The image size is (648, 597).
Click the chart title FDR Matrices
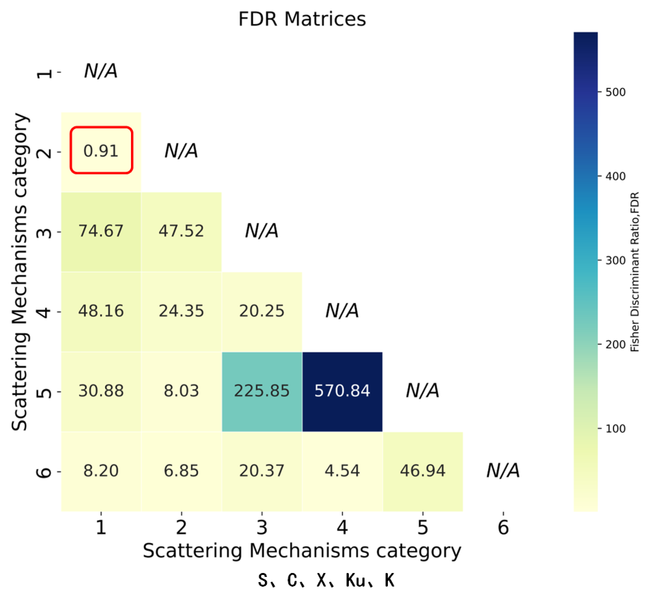pyautogui.click(x=302, y=19)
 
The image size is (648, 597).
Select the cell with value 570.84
pyautogui.click(x=342, y=391)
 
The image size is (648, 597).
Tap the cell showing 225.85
pyautogui.click(x=262, y=391)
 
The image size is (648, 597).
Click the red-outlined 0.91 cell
pyautogui.click(x=101, y=150)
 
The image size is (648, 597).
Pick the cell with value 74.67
pyautogui.click(x=101, y=231)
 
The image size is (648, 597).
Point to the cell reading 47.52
pyautogui.click(x=181, y=231)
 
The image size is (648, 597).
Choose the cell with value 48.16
pyautogui.click(x=101, y=311)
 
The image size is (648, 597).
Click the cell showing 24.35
pyautogui.click(x=181, y=311)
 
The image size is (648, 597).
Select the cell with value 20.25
pyautogui.click(x=262, y=311)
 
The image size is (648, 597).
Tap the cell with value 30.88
pyautogui.click(x=101, y=391)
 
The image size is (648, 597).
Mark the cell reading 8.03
pyautogui.click(x=181, y=391)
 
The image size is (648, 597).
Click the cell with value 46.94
pyautogui.click(x=423, y=471)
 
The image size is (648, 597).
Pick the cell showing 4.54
pyautogui.click(x=342, y=471)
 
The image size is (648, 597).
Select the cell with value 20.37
pyautogui.click(x=262, y=471)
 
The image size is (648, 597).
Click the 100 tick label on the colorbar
pyautogui.click(x=615, y=429)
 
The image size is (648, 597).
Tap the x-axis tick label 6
pyautogui.click(x=503, y=527)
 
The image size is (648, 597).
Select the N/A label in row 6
pyautogui.click(x=503, y=470)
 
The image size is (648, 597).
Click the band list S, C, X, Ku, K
pyautogui.click(x=326, y=581)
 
